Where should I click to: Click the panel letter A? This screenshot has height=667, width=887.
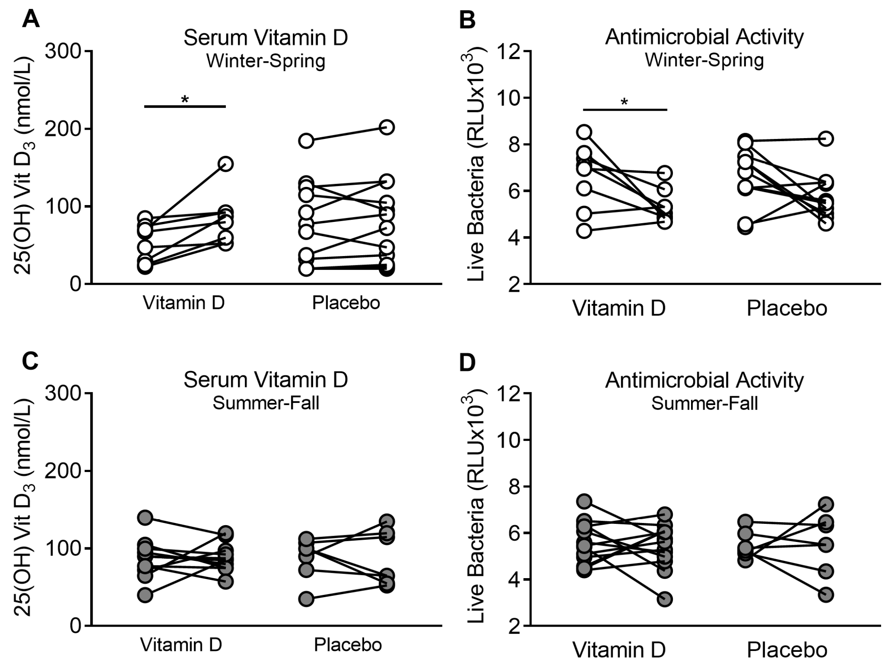(x=30, y=19)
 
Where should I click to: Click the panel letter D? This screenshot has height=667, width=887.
(x=467, y=363)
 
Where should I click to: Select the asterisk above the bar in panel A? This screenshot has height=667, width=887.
(x=185, y=100)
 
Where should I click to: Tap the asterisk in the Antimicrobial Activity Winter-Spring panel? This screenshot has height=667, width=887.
(x=624, y=102)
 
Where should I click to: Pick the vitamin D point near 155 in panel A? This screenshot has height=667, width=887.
(x=226, y=164)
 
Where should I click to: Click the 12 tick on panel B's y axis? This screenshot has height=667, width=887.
(x=509, y=51)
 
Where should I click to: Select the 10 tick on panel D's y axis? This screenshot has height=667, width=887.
(x=509, y=440)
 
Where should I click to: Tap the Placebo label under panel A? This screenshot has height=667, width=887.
(x=346, y=303)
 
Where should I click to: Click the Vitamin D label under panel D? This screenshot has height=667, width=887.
(x=619, y=650)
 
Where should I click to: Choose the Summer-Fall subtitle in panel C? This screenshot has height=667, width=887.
(x=266, y=403)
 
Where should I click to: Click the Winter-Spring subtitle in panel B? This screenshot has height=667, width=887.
(x=704, y=60)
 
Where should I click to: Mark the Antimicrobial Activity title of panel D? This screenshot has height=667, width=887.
(x=704, y=380)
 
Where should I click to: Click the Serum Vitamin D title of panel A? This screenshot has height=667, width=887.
(x=266, y=38)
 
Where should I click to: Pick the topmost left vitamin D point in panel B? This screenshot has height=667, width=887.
(x=584, y=132)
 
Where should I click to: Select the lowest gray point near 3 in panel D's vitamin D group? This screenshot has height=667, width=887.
(x=665, y=599)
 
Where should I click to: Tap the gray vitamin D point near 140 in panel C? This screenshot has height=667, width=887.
(x=145, y=518)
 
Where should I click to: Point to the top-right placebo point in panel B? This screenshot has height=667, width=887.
(x=826, y=139)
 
